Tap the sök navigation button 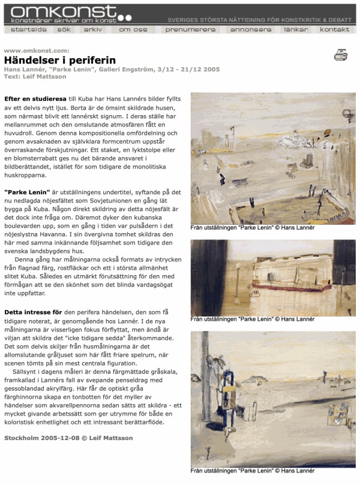click(x=65, y=29)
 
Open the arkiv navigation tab click(x=93, y=29)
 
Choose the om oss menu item click(x=131, y=29)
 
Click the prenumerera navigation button click(x=190, y=29)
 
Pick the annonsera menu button click(x=251, y=29)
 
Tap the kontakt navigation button click(x=335, y=29)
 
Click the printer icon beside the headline click(x=341, y=55)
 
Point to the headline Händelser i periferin click(x=60, y=60)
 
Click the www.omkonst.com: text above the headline click(x=36, y=50)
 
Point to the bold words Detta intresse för click(x=34, y=312)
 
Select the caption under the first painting click(x=252, y=228)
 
